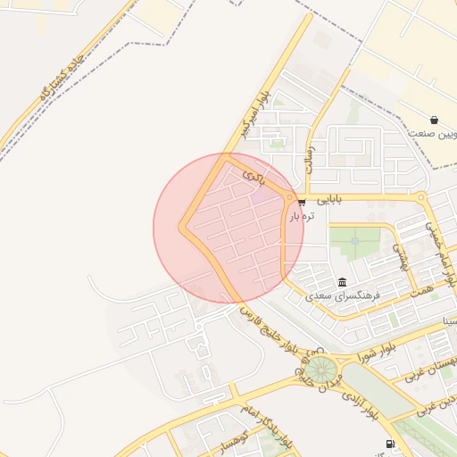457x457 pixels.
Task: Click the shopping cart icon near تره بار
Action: [x=302, y=201]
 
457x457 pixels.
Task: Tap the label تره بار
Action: [x=301, y=215]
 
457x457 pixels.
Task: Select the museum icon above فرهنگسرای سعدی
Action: [x=344, y=280]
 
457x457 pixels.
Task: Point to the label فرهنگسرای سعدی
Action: [x=344, y=294]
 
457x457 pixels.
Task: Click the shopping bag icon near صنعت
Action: [x=434, y=120]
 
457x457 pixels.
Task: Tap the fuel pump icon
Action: [x=390, y=444]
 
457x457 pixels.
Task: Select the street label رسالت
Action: [x=310, y=158]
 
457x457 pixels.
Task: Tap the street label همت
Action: [x=422, y=291]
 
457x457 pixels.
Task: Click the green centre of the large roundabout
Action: [x=320, y=369]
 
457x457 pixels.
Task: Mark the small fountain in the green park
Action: [x=355, y=239]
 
